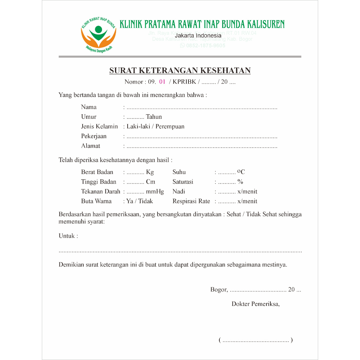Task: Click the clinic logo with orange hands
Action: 98,34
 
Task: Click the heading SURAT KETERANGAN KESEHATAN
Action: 180,71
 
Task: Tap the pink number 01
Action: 162,82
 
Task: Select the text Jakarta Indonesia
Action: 198,36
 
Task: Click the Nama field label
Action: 89,107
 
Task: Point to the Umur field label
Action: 89,117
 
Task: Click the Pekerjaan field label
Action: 94,136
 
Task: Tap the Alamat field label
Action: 90,146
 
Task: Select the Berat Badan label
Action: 97,172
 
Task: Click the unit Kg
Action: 150,172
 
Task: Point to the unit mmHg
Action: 155,192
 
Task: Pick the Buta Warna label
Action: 96,201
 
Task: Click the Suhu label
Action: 179,172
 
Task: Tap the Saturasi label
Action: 183,182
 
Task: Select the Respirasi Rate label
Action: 191,201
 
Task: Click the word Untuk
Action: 67,236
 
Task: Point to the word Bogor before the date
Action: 219,290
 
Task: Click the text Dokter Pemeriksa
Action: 255,304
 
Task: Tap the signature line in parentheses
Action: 256,340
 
